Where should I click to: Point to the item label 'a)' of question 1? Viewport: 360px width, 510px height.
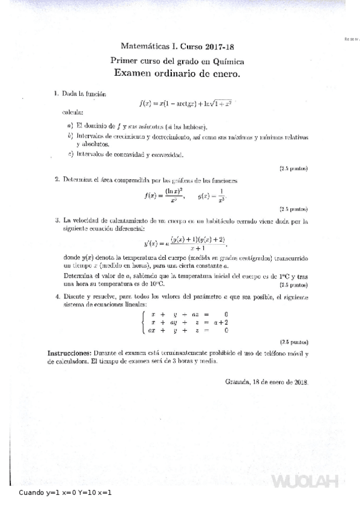point(70,126)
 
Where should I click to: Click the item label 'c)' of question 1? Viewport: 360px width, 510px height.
point(70,155)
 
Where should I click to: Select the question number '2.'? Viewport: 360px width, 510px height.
point(56,179)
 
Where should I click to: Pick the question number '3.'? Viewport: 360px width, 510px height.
point(56,221)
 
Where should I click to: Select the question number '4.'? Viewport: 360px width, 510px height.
point(56,296)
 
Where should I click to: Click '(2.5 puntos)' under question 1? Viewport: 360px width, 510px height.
point(293,168)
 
